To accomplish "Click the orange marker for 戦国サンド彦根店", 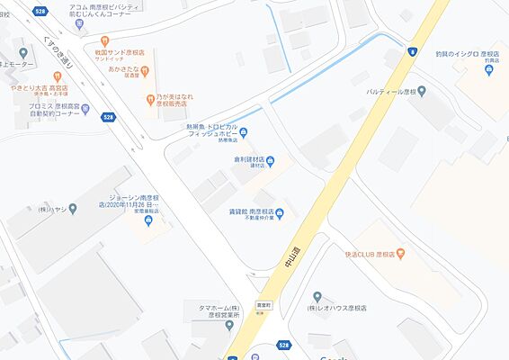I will point(105,41).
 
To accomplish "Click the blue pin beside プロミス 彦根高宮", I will point(85,110).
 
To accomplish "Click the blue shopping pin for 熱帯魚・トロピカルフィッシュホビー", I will point(245,135).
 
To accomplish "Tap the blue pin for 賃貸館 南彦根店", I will point(280,213).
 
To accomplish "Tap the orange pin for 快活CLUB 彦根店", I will point(401,255).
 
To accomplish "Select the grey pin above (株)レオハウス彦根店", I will point(317,296).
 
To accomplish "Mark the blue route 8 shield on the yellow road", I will point(412,50).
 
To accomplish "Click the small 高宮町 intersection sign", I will point(263,305).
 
